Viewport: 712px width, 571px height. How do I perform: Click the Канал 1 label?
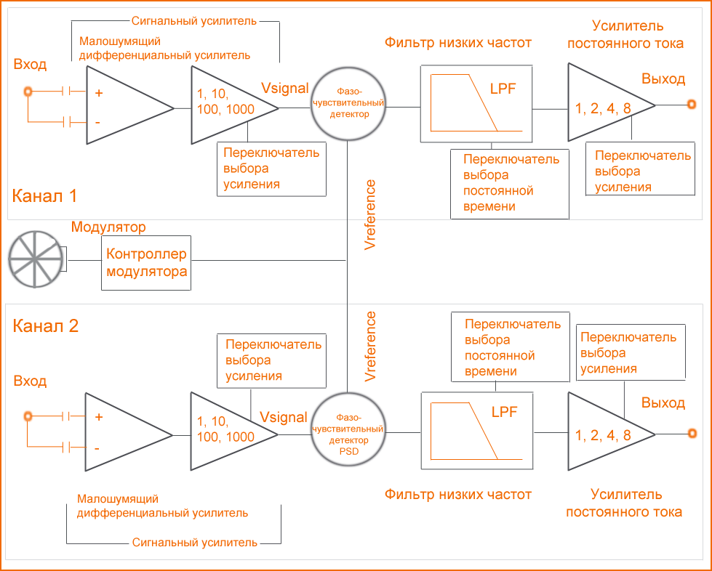[44, 195]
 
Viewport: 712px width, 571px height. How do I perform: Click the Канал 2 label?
[45, 325]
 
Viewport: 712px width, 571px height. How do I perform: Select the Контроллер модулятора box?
[146, 263]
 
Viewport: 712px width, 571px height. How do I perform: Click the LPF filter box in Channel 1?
[476, 103]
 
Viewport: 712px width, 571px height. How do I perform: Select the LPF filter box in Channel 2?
[476, 429]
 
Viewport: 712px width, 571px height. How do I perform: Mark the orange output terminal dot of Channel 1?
[691, 105]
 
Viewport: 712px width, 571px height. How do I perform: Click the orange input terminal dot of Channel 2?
[28, 416]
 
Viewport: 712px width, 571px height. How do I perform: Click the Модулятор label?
[108, 227]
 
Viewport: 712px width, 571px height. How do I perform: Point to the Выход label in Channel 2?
[663, 402]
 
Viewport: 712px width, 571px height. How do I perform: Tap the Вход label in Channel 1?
[30, 65]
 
